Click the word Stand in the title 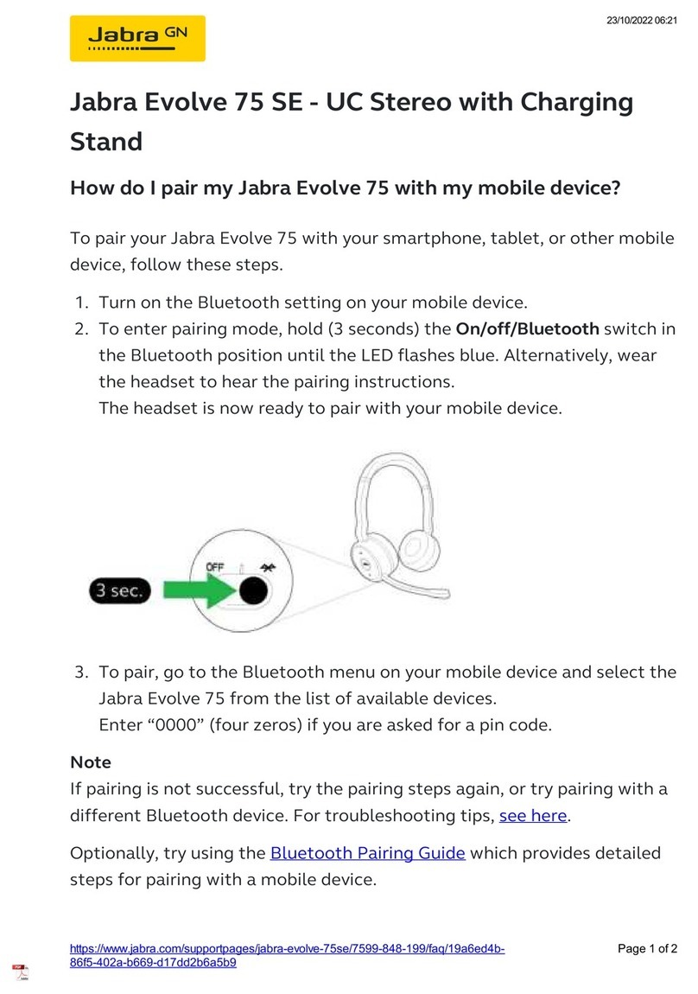click(x=105, y=141)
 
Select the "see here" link click(x=533, y=815)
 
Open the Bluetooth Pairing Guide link click(x=368, y=853)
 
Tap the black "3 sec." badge click(x=120, y=591)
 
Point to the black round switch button click(x=252, y=590)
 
